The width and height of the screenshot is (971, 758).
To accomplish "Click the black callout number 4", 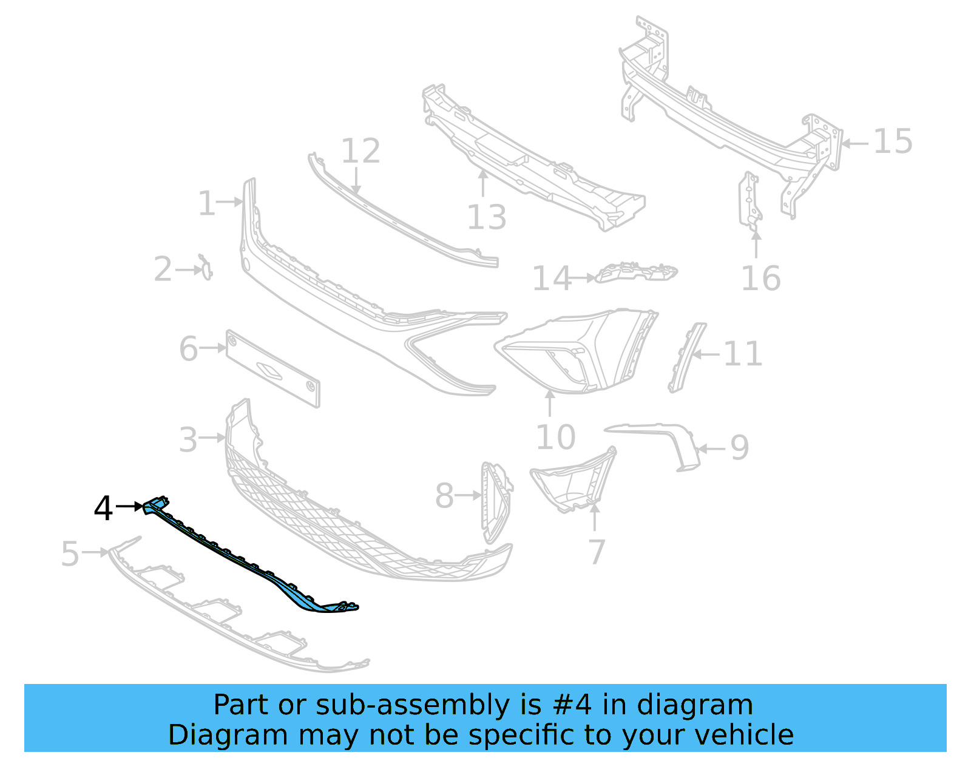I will pos(103,508).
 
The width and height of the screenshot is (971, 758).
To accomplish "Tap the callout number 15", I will pos(893,141).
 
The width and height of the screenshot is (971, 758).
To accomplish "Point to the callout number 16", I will pos(760,279).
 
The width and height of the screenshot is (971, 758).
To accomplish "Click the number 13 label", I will pos(486,217).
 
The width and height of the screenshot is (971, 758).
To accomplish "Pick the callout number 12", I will pos(360,151).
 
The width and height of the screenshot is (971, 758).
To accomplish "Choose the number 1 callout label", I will pos(206,203).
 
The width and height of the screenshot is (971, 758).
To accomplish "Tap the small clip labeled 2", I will pos(206,268).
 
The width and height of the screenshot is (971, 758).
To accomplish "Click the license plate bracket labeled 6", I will pos(272,368).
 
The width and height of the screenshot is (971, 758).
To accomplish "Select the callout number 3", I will pos(188,439).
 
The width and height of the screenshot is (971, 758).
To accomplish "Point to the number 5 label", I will pos(70,554).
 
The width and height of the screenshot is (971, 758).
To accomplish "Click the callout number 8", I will pos(444,496).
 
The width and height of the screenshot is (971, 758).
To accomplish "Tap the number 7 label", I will pos(597,552).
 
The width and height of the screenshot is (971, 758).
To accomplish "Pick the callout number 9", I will pos(739,448).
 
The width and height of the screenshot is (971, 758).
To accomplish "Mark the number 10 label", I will pos(555,437).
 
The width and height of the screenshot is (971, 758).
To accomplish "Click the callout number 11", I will pos(743,354).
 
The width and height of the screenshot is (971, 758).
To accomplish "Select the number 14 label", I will pos(552,279).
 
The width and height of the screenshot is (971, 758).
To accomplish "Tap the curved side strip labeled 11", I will pos(687,358).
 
